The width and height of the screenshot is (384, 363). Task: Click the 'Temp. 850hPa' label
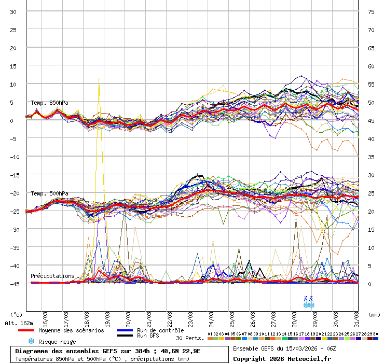point(49,103)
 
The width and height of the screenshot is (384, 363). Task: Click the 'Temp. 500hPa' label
point(49,193)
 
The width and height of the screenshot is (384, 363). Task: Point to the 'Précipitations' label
point(52,276)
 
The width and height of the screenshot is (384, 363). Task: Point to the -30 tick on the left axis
point(13,229)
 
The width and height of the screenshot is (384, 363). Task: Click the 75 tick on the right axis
point(371,12)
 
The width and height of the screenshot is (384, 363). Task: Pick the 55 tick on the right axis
point(371,85)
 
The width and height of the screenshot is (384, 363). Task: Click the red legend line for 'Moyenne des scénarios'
point(34,330)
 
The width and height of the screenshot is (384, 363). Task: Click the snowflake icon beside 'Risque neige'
point(31,342)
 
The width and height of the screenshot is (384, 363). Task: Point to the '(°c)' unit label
point(17,314)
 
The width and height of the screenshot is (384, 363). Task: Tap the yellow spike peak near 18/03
point(99,79)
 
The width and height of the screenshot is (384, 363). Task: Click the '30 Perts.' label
point(190,338)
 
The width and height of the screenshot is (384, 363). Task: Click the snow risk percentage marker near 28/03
point(309,302)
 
